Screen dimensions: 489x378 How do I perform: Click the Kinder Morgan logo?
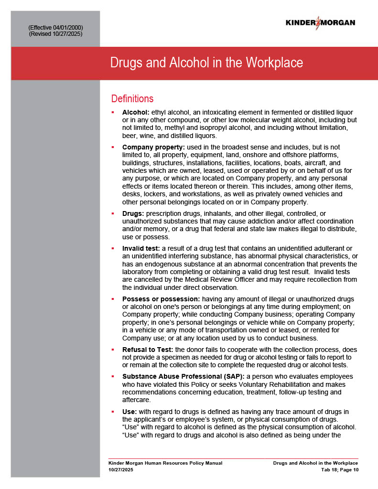[x=320, y=22]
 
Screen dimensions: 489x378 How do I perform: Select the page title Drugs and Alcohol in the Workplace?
[x=206, y=63]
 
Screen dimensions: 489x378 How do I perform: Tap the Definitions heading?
[x=132, y=99]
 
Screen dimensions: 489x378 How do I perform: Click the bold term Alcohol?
[x=136, y=112]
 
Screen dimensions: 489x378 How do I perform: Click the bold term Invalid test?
[x=141, y=248]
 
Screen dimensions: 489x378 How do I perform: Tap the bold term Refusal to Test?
[x=148, y=350]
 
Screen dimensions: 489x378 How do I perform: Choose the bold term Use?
[x=130, y=412]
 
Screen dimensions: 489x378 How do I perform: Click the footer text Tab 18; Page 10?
[x=339, y=470]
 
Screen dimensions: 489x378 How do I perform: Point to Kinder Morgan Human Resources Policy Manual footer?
[x=165, y=463]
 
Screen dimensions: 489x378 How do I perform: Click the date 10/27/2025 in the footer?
[x=121, y=470]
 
